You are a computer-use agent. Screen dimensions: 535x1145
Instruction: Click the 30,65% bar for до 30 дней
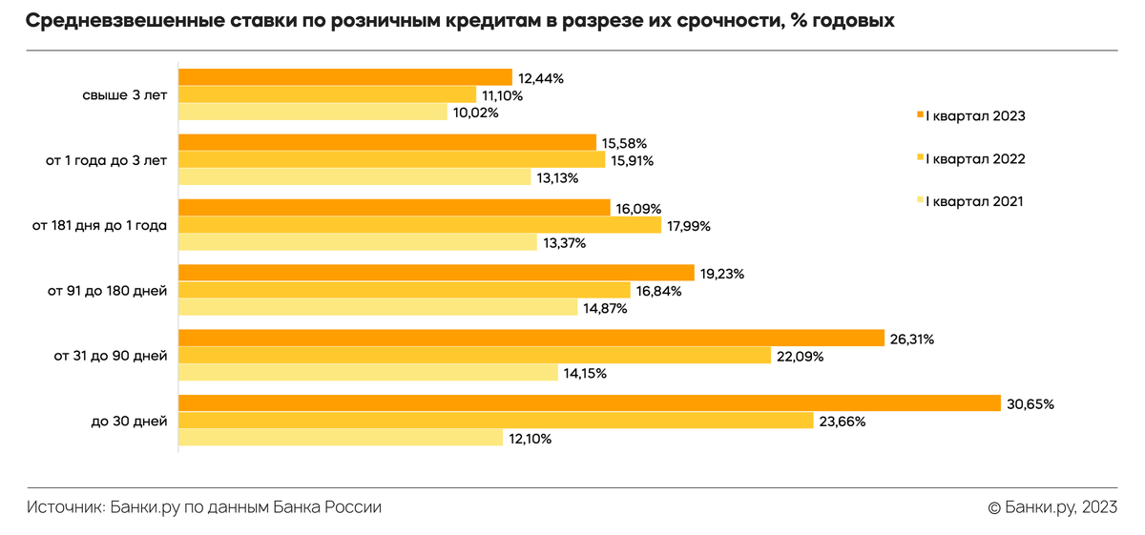pos(589,403)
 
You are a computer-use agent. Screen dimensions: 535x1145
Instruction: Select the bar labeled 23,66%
pos(495,421)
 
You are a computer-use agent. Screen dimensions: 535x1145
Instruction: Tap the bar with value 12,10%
pos(341,439)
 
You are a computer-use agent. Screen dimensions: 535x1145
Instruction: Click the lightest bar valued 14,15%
pos(368,373)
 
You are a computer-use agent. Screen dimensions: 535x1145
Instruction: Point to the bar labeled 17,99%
pos(420,226)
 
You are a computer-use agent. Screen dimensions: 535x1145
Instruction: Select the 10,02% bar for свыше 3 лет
pos(313,113)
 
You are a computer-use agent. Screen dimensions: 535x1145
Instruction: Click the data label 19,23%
pos(722,274)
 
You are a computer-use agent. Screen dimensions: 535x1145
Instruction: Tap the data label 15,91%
pos(632,160)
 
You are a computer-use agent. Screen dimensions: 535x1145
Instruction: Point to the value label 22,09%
pos(800,357)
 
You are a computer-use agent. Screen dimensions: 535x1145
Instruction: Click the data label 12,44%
pos(541,78)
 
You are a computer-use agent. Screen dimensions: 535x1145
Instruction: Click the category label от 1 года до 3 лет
pos(106,160)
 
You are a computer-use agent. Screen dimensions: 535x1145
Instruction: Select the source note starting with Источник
pos(204,507)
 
